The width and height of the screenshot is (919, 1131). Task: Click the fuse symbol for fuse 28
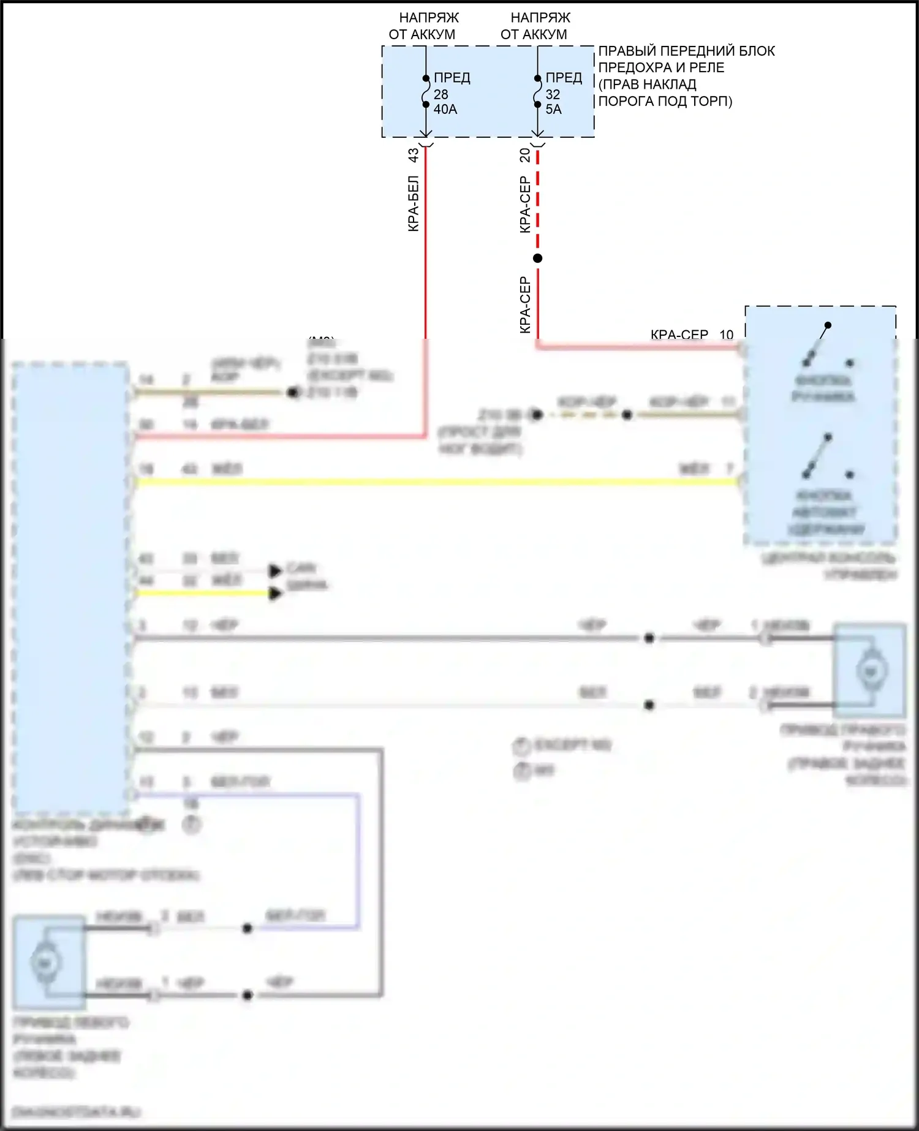tap(426, 92)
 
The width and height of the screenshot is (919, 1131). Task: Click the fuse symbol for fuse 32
tap(537, 92)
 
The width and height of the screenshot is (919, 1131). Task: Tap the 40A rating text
tap(445, 110)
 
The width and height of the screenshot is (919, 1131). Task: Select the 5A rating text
tap(553, 110)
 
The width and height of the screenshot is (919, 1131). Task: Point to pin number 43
tap(414, 155)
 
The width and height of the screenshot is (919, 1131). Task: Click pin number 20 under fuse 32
tap(525, 155)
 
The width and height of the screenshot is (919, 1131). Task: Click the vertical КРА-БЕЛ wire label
tap(414, 203)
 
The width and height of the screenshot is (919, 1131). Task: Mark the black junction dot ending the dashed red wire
tap(537, 259)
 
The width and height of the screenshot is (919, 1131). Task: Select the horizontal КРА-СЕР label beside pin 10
tap(679, 335)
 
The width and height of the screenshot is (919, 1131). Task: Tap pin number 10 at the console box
tap(726, 335)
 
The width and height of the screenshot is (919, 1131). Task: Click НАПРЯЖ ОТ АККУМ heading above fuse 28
tap(423, 26)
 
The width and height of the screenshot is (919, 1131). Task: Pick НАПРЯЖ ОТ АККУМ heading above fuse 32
tap(535, 26)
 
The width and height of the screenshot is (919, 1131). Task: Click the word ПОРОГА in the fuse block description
tap(623, 101)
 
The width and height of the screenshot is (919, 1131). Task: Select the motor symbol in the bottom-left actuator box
tap(45, 963)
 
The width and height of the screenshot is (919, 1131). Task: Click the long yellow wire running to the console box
tap(429, 482)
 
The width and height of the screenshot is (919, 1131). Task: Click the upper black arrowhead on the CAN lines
tap(275, 571)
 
